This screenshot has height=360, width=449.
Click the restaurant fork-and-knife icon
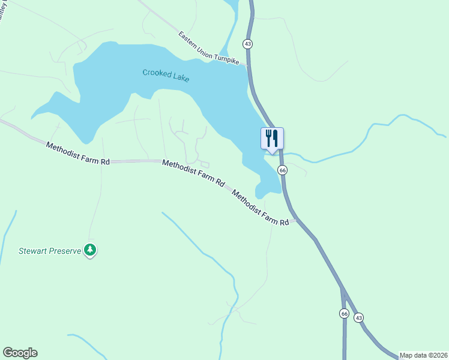click(272, 138)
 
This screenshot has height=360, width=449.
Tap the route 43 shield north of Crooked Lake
click(247, 44)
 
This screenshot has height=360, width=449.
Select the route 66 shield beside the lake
click(283, 170)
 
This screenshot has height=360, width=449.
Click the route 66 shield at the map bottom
click(344, 313)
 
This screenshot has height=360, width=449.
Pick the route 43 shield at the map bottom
click(358, 317)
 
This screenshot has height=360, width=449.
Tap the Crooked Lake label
click(166, 76)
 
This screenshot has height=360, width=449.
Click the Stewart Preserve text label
click(50, 251)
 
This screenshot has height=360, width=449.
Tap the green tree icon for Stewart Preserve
click(90, 249)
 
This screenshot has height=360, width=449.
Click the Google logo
click(20, 353)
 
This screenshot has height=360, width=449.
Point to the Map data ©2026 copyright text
click(423, 355)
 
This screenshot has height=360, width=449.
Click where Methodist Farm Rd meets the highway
click(294, 220)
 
